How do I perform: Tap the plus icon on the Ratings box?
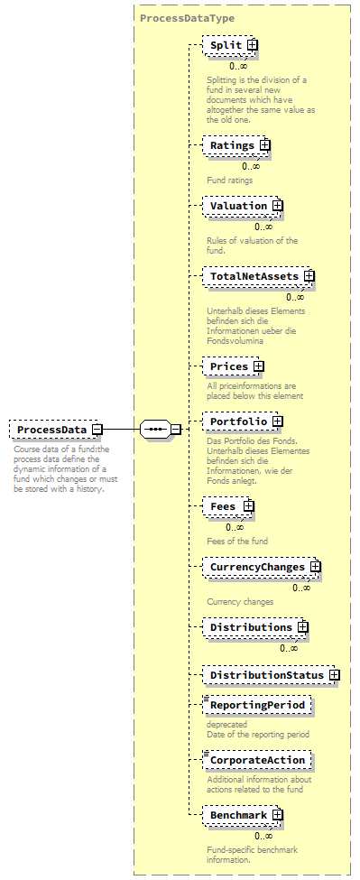tap(264, 144)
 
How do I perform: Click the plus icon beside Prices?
tap(258, 366)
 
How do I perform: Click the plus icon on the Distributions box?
tap(303, 626)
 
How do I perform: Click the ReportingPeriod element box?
tap(257, 704)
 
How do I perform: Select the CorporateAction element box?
tap(257, 760)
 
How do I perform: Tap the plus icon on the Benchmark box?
tap(278, 815)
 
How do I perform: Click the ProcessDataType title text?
tap(187, 18)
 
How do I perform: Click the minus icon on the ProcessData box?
tap(96, 430)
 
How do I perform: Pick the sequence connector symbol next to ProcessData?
tap(155, 429)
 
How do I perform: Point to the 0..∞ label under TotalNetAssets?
tap(295, 297)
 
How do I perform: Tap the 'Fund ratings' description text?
tap(229, 180)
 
